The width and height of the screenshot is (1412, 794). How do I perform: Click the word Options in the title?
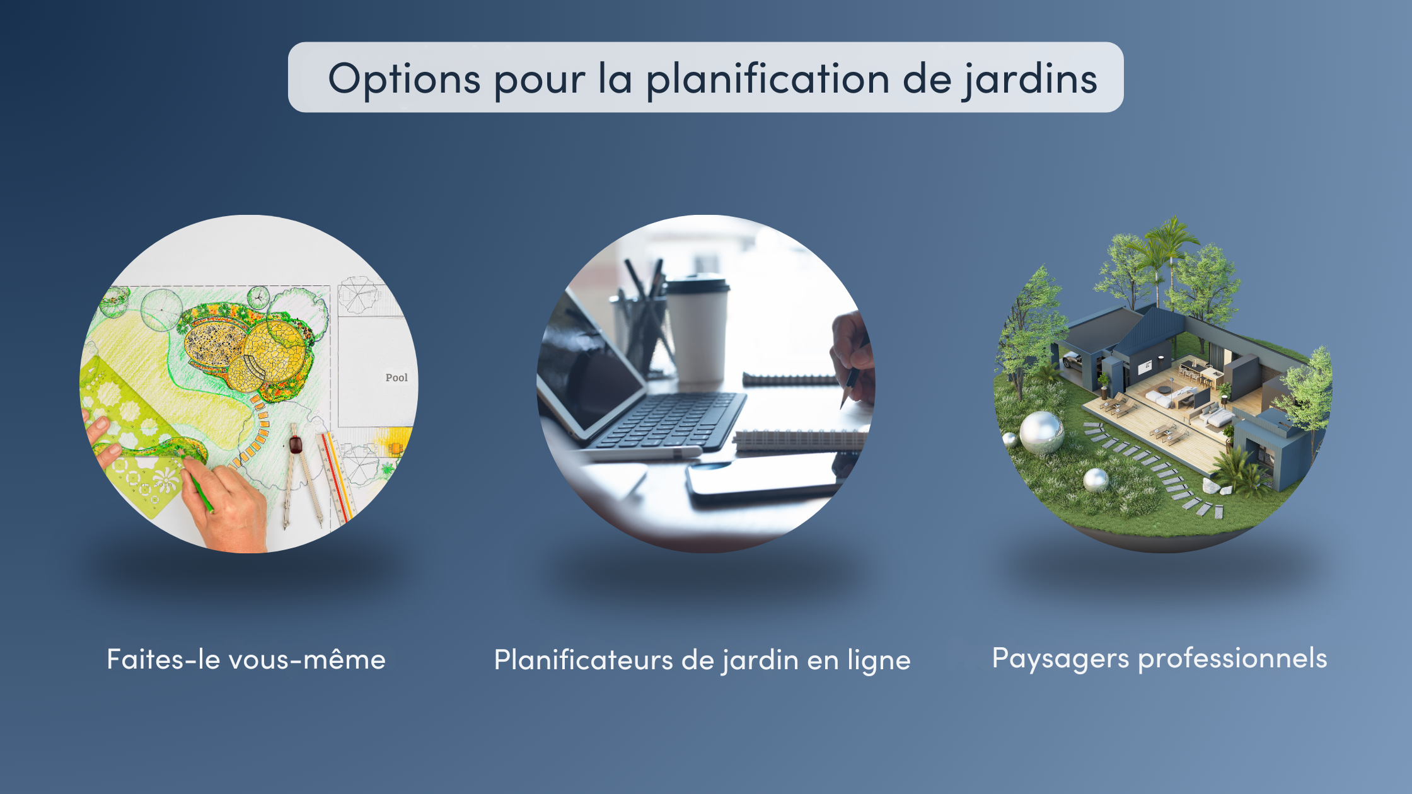click(x=404, y=80)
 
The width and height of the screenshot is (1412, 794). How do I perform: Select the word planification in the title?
click(x=768, y=80)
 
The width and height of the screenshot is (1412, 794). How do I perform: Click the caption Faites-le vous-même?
click(x=246, y=659)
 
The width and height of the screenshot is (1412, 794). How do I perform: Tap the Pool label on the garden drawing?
click(x=396, y=377)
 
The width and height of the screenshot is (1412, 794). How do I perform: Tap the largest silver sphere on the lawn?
click(x=1041, y=433)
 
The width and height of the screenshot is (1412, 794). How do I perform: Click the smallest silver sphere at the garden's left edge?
click(x=1009, y=439)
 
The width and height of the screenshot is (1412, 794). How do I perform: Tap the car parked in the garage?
click(x=1072, y=360)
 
